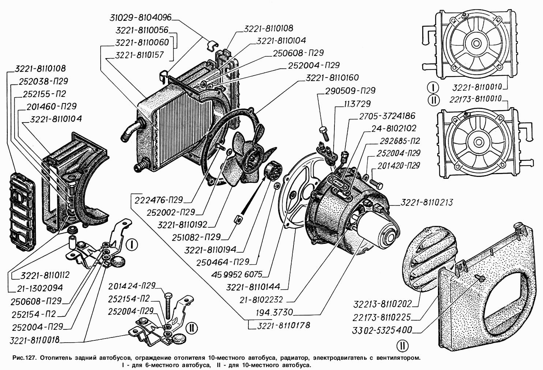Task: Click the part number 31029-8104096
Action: [x=141, y=18]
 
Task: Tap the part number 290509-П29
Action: [x=350, y=90]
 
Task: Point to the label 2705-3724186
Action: [x=387, y=116]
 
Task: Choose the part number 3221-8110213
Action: [x=427, y=202]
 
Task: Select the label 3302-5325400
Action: [x=382, y=330]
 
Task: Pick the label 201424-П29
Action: [x=132, y=286]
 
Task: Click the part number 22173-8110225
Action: [x=382, y=317]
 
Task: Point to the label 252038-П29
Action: [x=42, y=81]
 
